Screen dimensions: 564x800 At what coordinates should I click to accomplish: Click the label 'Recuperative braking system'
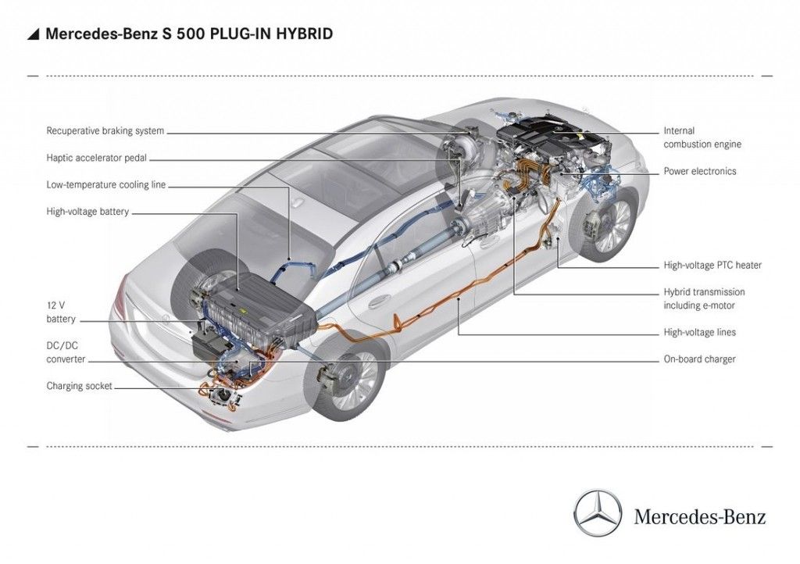(x=105, y=131)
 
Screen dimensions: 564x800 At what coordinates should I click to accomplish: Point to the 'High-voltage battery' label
(x=87, y=212)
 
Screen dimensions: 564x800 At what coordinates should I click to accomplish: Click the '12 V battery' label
(x=61, y=312)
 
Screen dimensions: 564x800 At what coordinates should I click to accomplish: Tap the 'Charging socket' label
(x=79, y=386)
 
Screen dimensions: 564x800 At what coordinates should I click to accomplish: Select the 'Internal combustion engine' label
(x=702, y=137)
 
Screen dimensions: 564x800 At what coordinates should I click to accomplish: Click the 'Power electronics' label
(x=699, y=171)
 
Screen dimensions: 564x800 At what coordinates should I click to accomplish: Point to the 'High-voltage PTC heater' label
(x=712, y=266)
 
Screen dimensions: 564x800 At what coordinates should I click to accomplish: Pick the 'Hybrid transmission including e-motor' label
(x=704, y=298)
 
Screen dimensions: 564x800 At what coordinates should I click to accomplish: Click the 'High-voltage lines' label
(x=699, y=333)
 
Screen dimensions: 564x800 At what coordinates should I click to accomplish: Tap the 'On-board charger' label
(x=699, y=359)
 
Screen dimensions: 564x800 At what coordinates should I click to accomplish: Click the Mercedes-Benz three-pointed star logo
(x=598, y=513)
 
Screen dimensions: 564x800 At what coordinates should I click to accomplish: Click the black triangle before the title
(x=33, y=34)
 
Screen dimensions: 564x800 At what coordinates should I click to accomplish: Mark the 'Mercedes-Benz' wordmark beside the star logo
(x=700, y=516)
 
